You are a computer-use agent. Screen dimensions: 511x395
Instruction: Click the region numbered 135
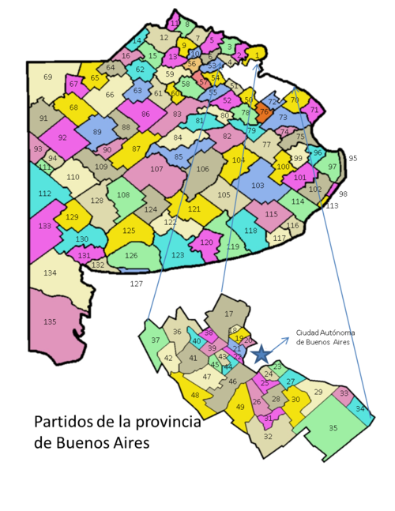[50, 321]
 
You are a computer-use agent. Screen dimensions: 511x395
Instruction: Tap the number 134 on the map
[50, 273]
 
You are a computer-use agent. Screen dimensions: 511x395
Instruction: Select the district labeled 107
[156, 169]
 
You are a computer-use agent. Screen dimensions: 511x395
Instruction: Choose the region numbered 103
[258, 186]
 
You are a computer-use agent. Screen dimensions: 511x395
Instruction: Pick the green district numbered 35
[333, 427]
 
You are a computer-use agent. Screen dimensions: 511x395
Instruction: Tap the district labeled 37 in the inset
[154, 340]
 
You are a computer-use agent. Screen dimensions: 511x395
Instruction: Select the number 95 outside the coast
[352, 158]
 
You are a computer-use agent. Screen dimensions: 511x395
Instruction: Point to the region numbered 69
[47, 77]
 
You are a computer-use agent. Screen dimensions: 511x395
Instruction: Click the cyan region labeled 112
[44, 194]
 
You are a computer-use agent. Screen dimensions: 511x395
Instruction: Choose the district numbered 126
[131, 255]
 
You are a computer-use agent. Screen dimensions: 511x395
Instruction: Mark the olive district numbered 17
[229, 314]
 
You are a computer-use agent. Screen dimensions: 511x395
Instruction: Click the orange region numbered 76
[264, 112]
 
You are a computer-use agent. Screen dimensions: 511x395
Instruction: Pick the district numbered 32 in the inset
[268, 436]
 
